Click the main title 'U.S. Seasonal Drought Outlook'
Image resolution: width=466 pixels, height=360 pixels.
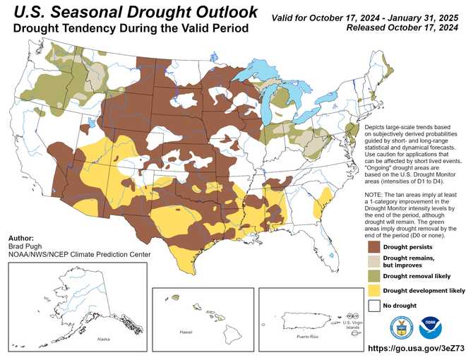click(134, 12)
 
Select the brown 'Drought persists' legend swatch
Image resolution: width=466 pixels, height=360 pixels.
click(372, 247)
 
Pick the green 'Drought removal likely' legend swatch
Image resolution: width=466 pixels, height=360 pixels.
click(372, 276)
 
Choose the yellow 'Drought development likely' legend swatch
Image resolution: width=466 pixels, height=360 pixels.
click(372, 290)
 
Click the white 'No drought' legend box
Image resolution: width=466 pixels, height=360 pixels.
click(372, 305)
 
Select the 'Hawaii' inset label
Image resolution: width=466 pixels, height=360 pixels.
click(186, 331)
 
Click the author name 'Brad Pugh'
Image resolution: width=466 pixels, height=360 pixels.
click(24, 247)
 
